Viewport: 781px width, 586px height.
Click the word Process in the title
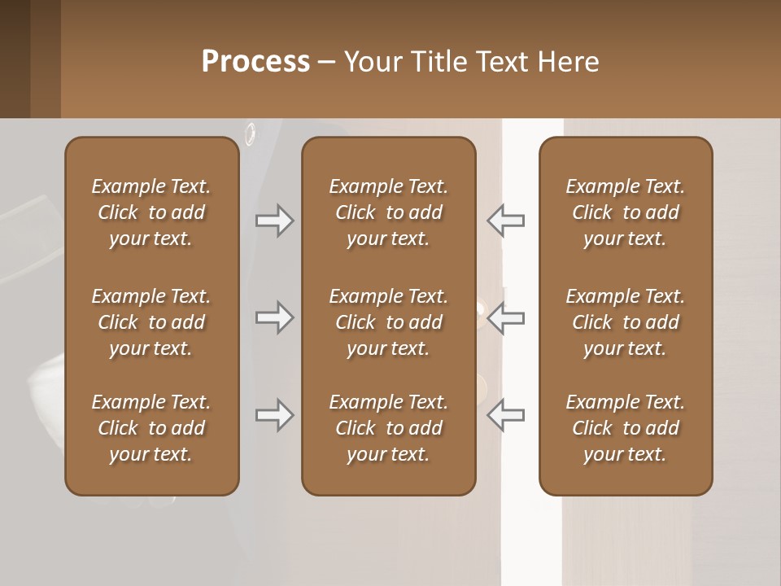[255, 62]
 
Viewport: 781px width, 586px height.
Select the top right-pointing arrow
[275, 221]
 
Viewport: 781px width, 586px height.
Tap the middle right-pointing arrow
[275, 317]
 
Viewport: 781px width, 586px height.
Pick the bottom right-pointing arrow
[275, 416]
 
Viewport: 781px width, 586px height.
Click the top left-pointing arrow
[505, 221]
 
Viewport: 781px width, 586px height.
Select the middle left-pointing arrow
[505, 317]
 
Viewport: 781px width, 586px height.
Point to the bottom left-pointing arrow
[505, 416]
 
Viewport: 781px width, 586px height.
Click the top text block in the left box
[151, 212]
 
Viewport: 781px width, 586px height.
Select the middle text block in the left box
[151, 322]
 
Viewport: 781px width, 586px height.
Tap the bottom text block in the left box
[151, 428]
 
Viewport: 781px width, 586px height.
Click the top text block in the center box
[388, 212]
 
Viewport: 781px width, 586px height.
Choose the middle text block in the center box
[388, 322]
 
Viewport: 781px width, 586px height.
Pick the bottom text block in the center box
[388, 428]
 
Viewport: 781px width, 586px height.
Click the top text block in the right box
[625, 212]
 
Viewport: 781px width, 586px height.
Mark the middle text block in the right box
[625, 322]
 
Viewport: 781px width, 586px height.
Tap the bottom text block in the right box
[625, 428]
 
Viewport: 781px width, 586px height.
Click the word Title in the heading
[440, 62]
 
